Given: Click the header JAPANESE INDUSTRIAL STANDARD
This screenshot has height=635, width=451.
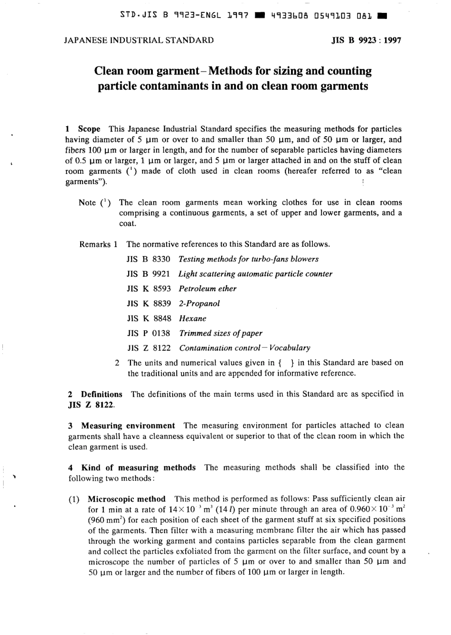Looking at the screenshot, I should [139, 40].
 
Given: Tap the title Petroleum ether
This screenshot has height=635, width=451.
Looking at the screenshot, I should [207, 289].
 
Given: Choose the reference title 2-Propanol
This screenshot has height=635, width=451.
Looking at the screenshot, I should [199, 303].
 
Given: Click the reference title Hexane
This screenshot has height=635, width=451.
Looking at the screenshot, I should [193, 318].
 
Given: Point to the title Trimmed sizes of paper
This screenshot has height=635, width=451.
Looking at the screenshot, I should [220, 333].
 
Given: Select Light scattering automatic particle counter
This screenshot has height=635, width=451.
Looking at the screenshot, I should [255, 274].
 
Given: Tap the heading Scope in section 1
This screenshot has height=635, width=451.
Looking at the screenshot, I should [89, 129].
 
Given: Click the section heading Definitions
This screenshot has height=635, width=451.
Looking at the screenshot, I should [101, 394].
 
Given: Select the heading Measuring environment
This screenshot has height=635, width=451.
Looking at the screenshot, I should [128, 426].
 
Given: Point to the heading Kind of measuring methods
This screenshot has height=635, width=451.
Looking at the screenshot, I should [138, 467].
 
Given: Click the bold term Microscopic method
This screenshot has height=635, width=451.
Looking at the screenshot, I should [126, 499].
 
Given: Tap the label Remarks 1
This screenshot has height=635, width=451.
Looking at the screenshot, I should [98, 244].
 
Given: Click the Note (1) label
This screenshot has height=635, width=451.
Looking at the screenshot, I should [95, 203].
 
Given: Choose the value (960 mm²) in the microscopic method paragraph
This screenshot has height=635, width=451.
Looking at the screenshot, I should [107, 520].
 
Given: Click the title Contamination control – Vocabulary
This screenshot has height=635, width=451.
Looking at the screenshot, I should [244, 348].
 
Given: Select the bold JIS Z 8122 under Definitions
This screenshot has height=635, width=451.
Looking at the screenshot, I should [91, 405].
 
